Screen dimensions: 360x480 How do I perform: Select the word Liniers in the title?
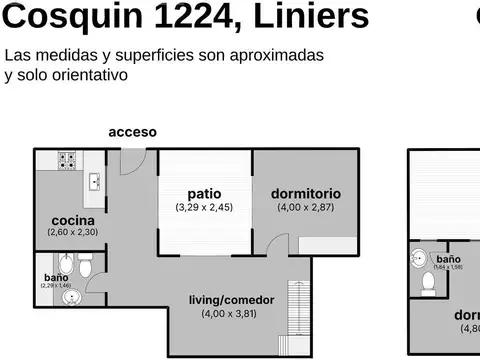pyautogui.click(x=315, y=17)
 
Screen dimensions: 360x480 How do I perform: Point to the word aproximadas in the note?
pyautogui.click(x=277, y=55)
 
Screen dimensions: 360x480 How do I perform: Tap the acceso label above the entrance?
pyautogui.click(x=132, y=132)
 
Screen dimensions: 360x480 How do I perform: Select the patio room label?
pyautogui.click(x=204, y=194)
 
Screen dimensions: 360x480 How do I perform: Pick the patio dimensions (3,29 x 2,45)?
pyautogui.click(x=204, y=208)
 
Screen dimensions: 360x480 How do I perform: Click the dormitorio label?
pyautogui.click(x=306, y=194)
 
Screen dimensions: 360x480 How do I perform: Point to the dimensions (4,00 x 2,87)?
pyautogui.click(x=305, y=208)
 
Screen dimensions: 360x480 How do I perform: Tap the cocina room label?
pyautogui.click(x=73, y=220)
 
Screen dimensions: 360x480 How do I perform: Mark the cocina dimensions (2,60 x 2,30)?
pyautogui.click(x=73, y=232)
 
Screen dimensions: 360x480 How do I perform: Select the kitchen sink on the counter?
pyautogui.click(x=94, y=181)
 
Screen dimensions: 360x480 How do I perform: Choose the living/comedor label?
pyautogui.click(x=230, y=300)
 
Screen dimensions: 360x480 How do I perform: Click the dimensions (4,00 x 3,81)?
pyautogui.click(x=229, y=314)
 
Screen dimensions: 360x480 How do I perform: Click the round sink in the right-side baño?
pyautogui.click(x=418, y=258)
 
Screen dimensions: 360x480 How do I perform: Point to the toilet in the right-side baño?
pyautogui.click(x=428, y=285)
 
